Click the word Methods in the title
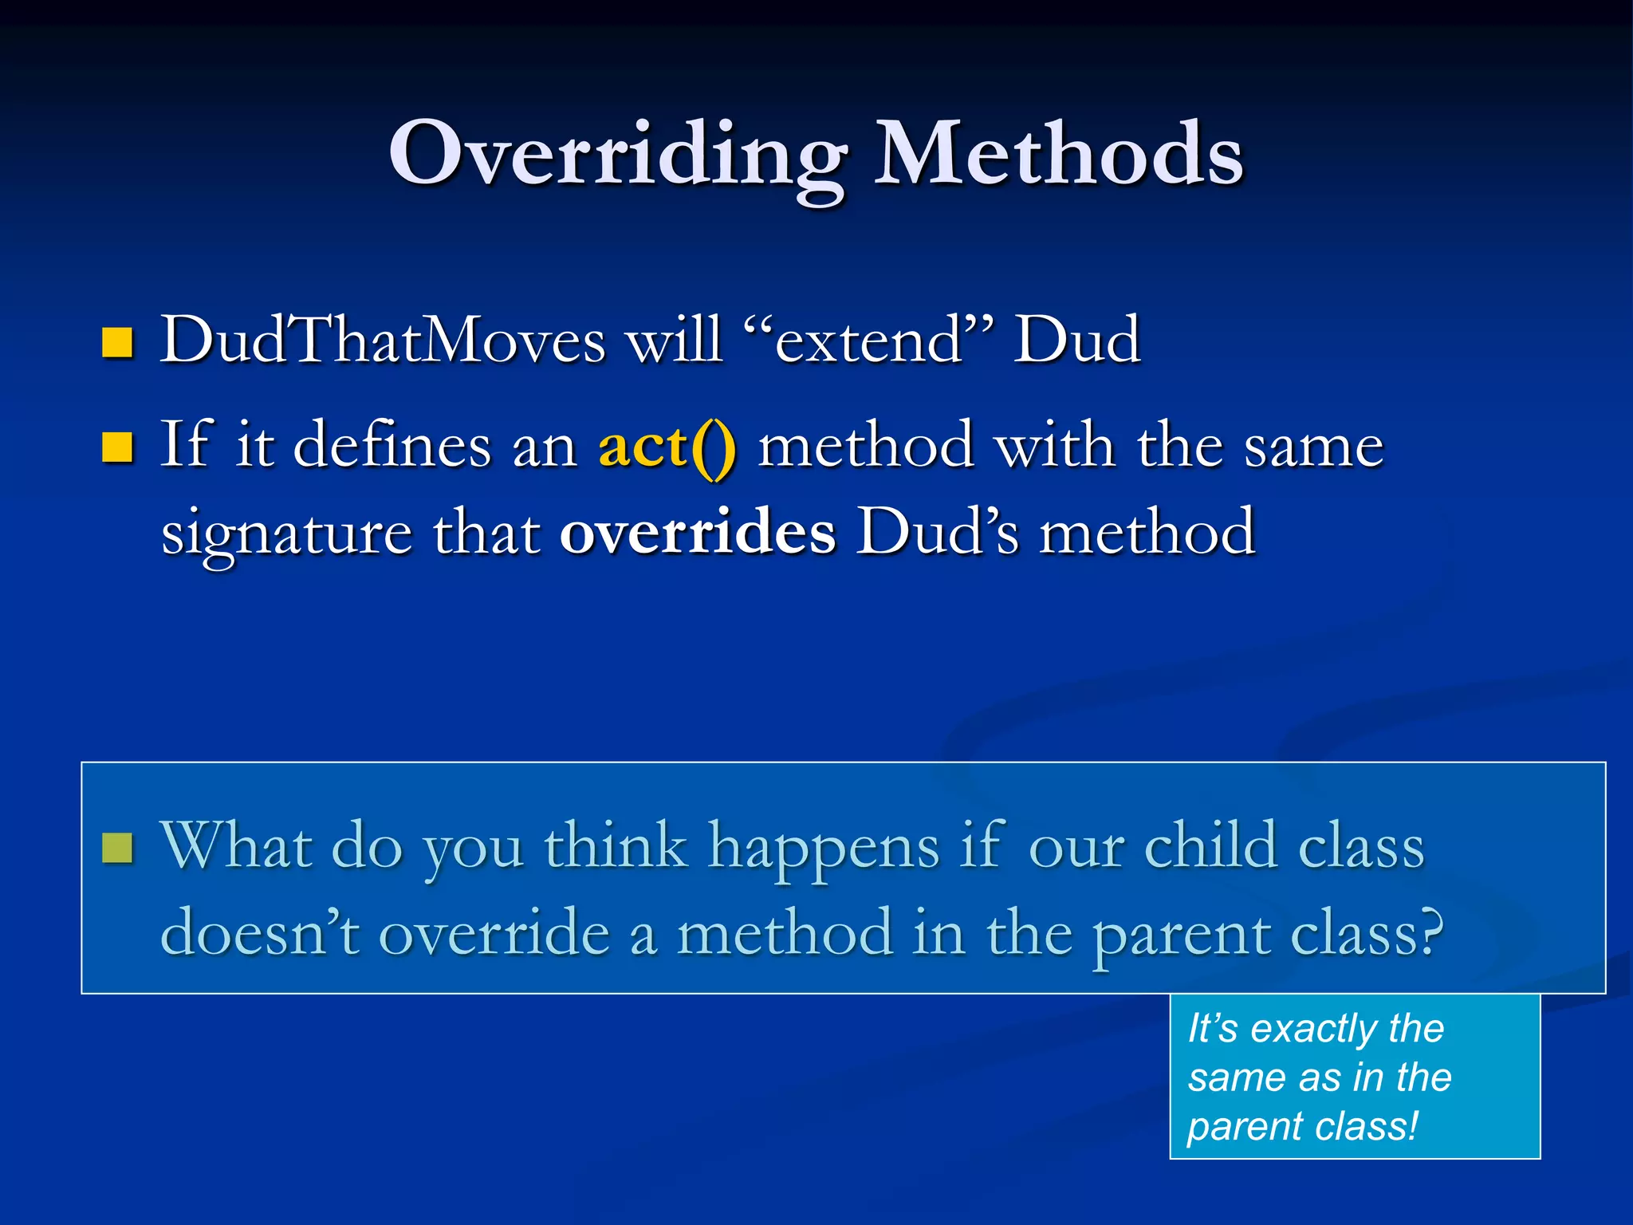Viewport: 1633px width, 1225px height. click(x=1058, y=154)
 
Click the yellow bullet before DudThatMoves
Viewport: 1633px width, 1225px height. click(x=117, y=343)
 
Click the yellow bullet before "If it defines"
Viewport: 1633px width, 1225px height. click(x=117, y=447)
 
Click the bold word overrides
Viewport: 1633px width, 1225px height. click(x=698, y=533)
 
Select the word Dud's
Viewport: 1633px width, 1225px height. click(x=938, y=533)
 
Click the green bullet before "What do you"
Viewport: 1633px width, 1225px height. click(x=117, y=848)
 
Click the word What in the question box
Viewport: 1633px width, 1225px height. click(x=236, y=845)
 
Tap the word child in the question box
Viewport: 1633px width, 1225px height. click(x=1210, y=845)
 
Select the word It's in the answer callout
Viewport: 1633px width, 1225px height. click(x=1212, y=1028)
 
